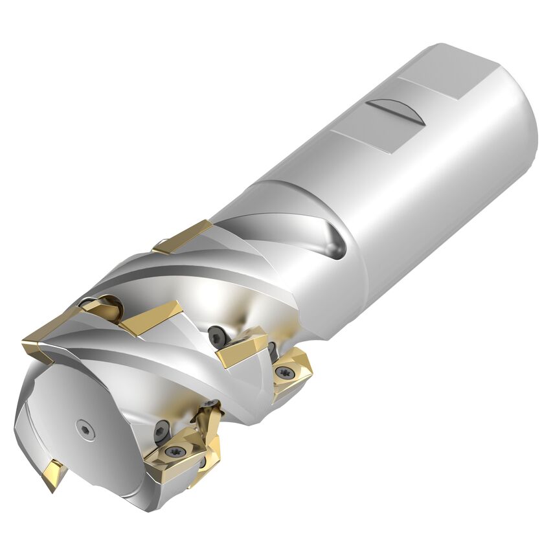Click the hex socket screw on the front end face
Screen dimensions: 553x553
pyautogui.click(x=85, y=429)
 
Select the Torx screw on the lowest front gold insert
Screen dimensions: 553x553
pyautogui.click(x=174, y=452)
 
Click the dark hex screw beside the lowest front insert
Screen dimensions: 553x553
pyautogui.click(x=161, y=429)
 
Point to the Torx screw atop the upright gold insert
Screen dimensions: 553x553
pyautogui.click(x=210, y=405)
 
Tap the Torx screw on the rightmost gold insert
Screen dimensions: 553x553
pyautogui.click(x=283, y=372)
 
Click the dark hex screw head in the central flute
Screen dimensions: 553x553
pyautogui.click(x=217, y=335)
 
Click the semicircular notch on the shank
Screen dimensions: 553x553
pyautogui.click(x=396, y=111)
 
